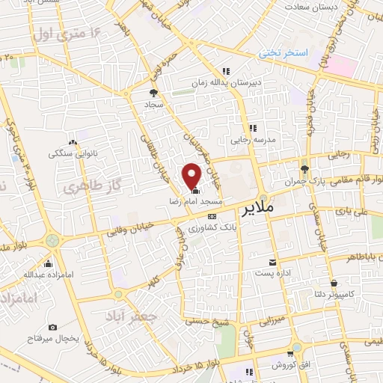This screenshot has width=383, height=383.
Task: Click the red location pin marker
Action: (x=192, y=176)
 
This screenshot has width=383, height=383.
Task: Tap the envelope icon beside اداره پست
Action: (x=272, y=263)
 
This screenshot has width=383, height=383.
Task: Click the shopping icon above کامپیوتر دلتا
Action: (x=333, y=284)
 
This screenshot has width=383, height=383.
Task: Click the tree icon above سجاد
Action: (x=154, y=94)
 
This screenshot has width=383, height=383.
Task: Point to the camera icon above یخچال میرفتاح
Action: (x=52, y=327)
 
